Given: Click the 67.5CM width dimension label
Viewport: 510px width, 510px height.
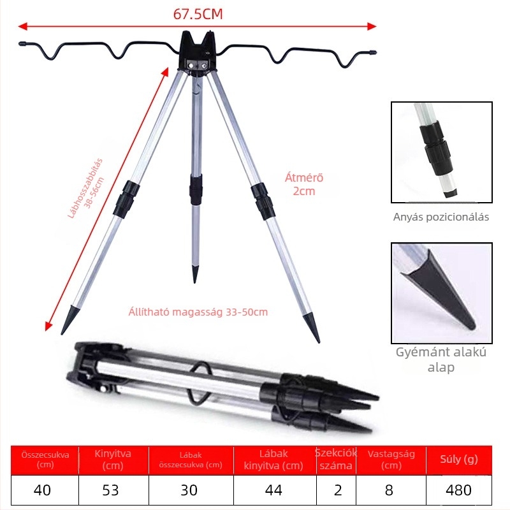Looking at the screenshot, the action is point(198,14).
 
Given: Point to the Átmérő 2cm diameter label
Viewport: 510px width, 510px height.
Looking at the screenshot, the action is point(304,184).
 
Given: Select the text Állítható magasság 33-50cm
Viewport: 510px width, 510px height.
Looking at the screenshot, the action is point(198,312).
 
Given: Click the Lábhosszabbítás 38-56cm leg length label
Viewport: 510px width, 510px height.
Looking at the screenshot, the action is point(87,188).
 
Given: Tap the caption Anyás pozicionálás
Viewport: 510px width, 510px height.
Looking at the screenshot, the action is point(441,217).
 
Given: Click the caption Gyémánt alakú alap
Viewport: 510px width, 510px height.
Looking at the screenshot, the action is point(441,360).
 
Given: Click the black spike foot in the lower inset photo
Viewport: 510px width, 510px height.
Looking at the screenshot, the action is point(442,289).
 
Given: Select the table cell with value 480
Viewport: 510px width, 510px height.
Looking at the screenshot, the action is point(458,490).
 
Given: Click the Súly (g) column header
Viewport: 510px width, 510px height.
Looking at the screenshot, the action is point(458,459).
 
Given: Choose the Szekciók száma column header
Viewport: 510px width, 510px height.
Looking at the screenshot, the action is point(336,459).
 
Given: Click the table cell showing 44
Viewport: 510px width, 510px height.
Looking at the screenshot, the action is point(275,490).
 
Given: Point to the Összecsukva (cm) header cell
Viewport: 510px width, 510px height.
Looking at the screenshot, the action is point(45,459).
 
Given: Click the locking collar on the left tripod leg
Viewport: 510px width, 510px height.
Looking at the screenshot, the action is point(126,199).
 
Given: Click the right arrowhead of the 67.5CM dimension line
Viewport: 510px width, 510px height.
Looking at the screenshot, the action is point(372,26).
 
